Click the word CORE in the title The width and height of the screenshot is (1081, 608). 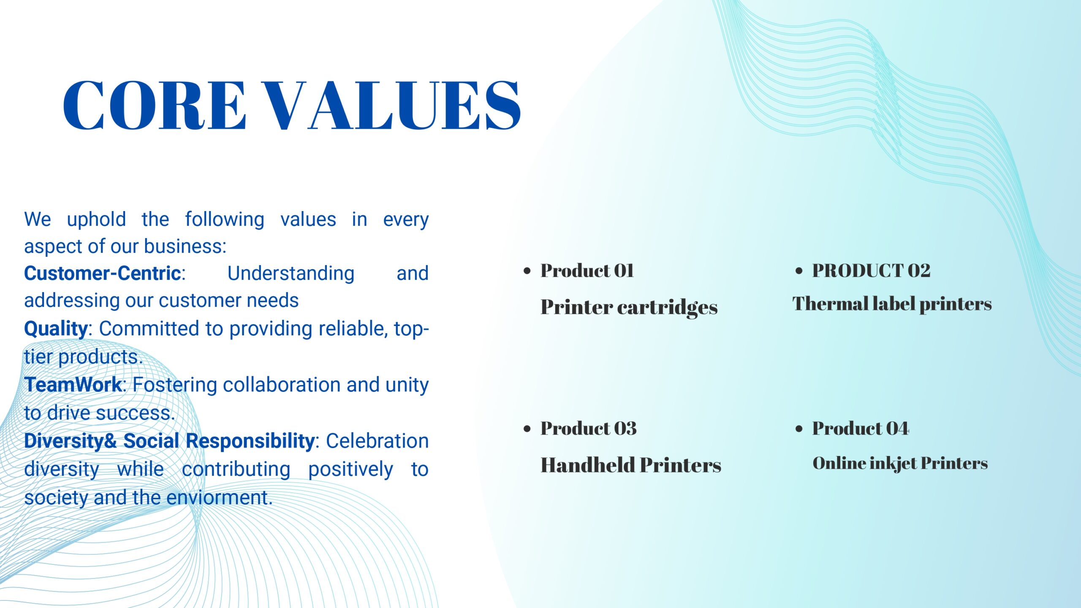pos(154,105)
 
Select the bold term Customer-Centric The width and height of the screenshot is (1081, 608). pos(103,273)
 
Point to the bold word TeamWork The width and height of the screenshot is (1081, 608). pos(73,385)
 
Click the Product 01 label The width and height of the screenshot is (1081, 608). pos(587,271)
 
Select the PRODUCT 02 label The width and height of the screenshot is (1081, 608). pos(871,271)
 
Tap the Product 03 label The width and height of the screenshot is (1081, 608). pos(589,429)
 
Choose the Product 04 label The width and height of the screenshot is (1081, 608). pos(861,429)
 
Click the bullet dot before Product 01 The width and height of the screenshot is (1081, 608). pos(527,271)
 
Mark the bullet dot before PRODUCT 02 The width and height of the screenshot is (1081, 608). pos(799,271)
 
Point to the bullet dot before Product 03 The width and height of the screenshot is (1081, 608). pos(527,429)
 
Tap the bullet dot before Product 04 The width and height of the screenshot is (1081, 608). pos(799,429)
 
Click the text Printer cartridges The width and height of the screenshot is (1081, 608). pos(629,307)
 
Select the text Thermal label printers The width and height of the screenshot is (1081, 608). pos(892,304)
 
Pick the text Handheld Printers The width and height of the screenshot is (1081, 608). pos(631,465)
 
